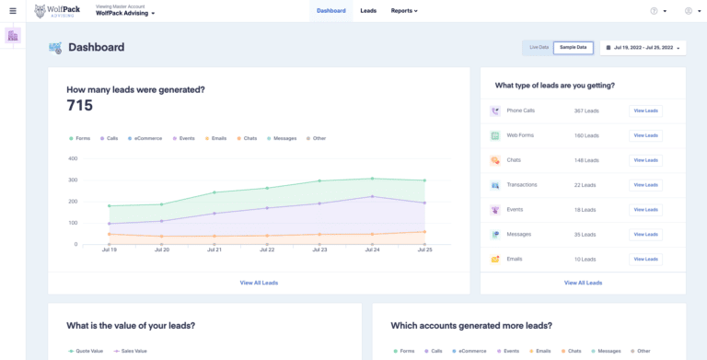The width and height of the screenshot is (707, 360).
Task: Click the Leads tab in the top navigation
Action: pos(368,11)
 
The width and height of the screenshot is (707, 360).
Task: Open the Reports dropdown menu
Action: pos(403,11)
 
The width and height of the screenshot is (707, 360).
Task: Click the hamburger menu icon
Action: pos(12,11)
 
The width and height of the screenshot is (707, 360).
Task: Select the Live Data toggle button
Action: pos(539,47)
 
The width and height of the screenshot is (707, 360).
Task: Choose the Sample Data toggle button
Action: pos(573,47)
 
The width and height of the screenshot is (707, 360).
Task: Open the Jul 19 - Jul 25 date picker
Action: pos(643,47)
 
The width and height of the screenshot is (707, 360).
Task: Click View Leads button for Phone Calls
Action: pos(644,110)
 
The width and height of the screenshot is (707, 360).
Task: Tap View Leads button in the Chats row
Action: pos(644,160)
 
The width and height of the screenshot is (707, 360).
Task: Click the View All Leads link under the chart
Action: pos(259,283)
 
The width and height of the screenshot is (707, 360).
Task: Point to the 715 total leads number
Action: pos(80,106)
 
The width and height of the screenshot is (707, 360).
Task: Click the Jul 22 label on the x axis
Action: pos(267,250)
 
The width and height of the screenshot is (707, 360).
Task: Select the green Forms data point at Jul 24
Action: pos(372,179)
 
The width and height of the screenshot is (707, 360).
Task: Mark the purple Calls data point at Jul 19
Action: pos(109,224)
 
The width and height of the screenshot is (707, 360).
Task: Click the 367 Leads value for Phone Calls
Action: pos(587,110)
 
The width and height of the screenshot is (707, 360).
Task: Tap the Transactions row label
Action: pos(522,185)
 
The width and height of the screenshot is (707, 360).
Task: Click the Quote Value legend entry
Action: pos(89,351)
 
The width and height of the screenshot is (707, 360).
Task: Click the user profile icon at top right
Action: pos(688,11)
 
